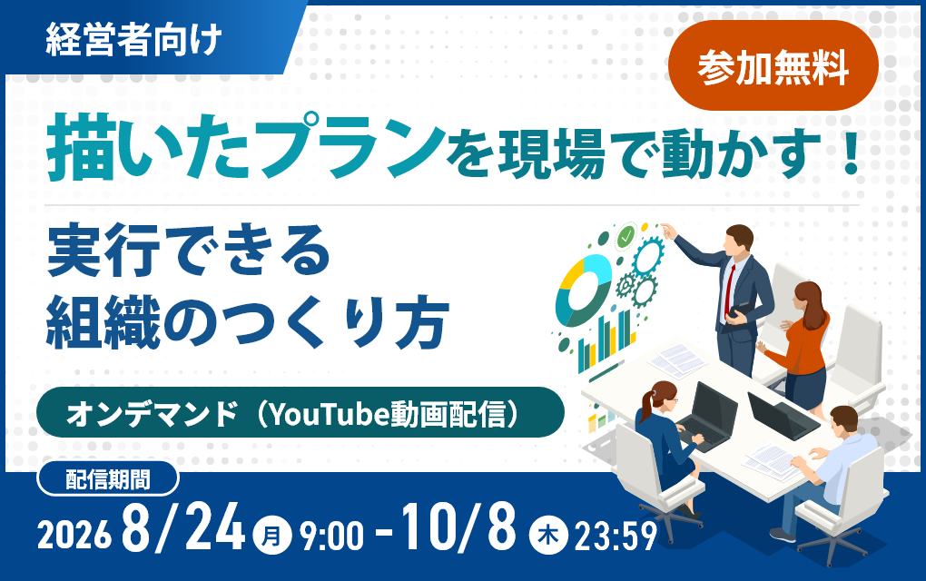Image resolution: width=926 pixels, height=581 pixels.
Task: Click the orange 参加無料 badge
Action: (773, 65)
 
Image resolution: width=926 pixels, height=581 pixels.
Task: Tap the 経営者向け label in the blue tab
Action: (133, 40)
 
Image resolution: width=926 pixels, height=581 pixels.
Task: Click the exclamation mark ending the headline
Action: (851, 153)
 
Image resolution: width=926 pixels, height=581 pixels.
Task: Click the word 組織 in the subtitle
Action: (103, 322)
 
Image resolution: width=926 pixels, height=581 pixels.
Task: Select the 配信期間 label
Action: (107, 478)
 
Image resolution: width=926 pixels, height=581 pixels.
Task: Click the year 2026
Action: (74, 536)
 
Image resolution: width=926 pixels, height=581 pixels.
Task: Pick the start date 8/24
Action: (183, 527)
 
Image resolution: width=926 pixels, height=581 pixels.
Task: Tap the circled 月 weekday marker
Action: (271, 536)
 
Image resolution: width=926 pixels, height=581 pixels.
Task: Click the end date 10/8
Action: (458, 527)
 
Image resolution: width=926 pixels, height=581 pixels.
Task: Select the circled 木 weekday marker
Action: (548, 536)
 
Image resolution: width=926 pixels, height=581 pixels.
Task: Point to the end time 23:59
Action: (616, 537)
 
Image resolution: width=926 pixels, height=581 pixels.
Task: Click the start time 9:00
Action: (331, 537)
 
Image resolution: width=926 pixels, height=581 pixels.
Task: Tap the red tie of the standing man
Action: (730, 290)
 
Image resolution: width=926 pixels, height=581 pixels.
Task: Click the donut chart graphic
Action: (584, 290)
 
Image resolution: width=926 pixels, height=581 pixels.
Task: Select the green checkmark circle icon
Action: (625, 237)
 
